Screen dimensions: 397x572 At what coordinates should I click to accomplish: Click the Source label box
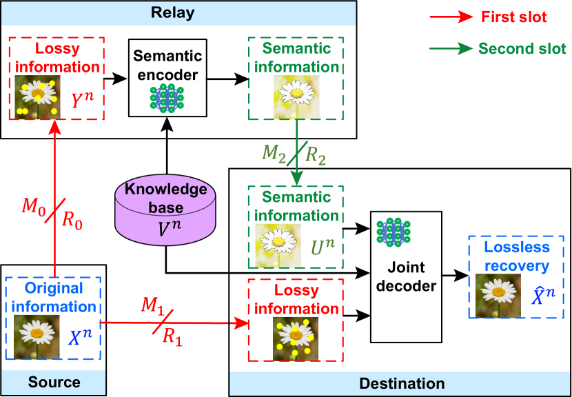pos(54,383)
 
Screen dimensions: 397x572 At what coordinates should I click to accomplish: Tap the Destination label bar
pos(400,384)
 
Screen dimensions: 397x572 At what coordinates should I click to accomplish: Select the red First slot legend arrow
pos(451,17)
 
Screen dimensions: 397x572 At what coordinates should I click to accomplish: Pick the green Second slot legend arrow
pos(451,49)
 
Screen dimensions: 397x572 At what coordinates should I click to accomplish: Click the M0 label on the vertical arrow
pos(35,205)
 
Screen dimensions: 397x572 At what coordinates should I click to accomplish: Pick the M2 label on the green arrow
pos(274,152)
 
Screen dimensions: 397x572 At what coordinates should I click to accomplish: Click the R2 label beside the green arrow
pos(316,156)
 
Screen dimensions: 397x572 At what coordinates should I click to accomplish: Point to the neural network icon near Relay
pos(167,99)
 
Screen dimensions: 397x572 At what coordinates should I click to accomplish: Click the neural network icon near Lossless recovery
pos(394,232)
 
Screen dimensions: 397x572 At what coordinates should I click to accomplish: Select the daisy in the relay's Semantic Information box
pos(296,96)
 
